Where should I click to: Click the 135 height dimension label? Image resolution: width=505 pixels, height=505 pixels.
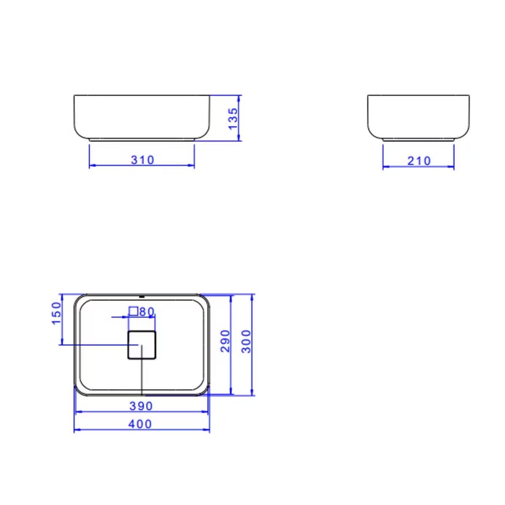pos(233,119)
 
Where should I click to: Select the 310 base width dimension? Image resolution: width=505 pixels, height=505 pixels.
pos(142,160)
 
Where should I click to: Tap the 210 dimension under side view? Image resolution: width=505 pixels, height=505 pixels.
pos(419,161)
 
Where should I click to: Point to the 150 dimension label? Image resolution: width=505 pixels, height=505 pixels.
pos(56,313)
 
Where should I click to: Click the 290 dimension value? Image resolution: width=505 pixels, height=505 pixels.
pos(225,341)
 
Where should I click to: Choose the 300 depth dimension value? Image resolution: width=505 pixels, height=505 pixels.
pos(246,341)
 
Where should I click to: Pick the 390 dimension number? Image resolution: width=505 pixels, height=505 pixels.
pos(141,406)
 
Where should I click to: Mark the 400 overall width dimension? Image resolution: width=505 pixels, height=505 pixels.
pos(140,424)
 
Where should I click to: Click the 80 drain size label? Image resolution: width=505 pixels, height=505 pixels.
pos(147,312)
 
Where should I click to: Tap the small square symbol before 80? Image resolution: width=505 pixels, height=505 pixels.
pos(133,311)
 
